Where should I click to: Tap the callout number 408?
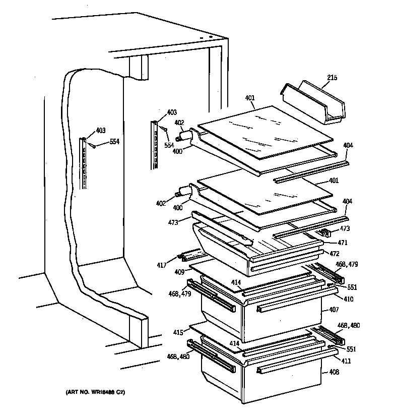334,373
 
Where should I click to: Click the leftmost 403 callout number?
100,131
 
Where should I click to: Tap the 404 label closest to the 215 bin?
348,146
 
